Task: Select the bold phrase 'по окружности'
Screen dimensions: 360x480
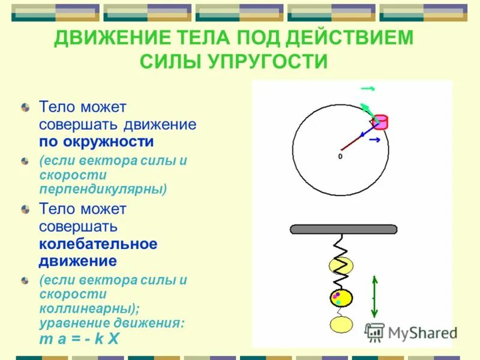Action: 97,142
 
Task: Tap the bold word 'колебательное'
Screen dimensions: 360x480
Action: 98,244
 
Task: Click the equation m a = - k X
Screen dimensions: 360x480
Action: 79,338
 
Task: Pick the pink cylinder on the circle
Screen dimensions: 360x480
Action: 380,122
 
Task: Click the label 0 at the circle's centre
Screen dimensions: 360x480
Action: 340,156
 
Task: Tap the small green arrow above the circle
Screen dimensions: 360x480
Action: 368,89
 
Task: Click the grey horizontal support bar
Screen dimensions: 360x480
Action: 343,229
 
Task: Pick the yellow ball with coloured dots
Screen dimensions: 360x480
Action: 340,298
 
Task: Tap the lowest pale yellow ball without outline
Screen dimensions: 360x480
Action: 340,325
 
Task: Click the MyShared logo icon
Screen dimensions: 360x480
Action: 375,332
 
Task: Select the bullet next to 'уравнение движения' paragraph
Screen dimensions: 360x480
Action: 25,280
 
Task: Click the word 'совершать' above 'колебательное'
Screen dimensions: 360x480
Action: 78,227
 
